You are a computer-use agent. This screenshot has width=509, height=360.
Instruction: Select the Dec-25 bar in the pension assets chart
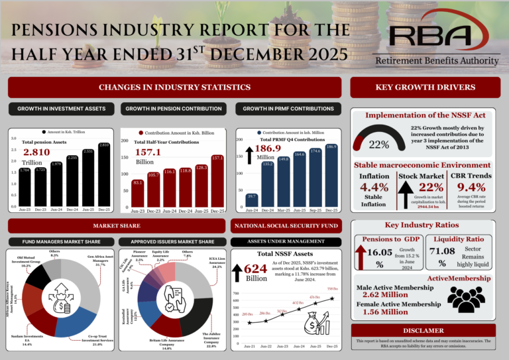tap(103, 175)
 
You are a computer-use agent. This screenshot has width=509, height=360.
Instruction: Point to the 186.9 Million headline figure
tap(272, 150)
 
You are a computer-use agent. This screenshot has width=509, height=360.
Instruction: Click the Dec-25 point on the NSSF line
tap(331, 298)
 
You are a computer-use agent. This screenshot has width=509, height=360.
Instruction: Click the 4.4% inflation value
tap(374, 188)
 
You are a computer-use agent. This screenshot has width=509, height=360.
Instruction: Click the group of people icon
tap(468, 300)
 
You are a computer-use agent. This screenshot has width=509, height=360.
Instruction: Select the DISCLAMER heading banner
tap(424, 331)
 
